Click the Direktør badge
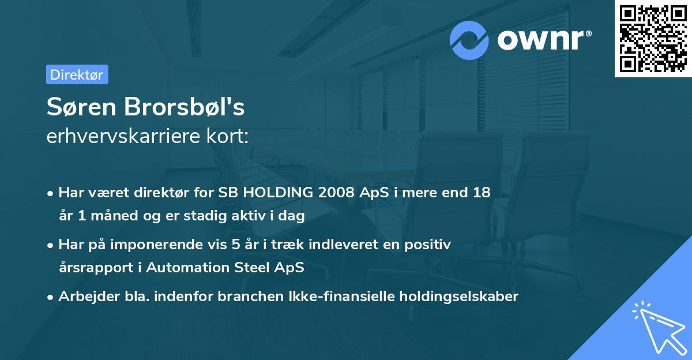point(77,74)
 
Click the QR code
point(653,39)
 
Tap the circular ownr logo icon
point(469,40)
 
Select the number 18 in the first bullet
point(482,193)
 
